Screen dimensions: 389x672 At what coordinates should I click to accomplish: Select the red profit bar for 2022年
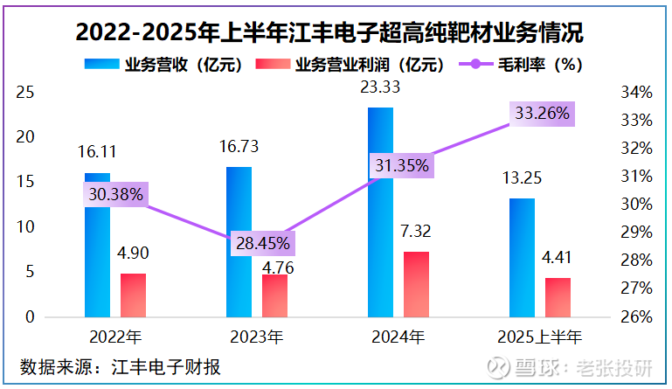[133, 295]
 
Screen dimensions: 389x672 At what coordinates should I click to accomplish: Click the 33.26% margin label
[542, 113]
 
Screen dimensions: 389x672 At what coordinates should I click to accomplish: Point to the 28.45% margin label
[261, 244]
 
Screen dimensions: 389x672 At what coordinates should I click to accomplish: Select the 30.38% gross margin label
[114, 194]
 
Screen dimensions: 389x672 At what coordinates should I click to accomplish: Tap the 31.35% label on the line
[399, 166]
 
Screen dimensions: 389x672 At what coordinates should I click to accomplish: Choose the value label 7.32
[415, 232]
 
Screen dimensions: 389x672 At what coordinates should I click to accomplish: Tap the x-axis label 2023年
[256, 337]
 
